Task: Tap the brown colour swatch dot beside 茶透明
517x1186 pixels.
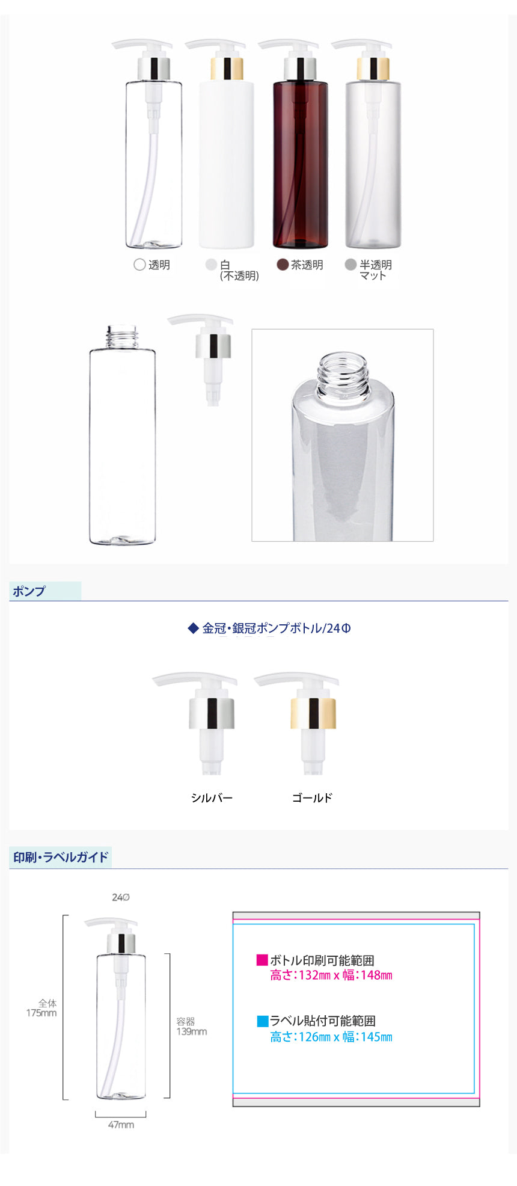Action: click(283, 265)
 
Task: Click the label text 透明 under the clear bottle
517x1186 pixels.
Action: click(159, 265)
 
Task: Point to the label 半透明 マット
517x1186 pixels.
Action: click(376, 270)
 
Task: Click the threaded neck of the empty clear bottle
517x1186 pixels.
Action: click(123, 337)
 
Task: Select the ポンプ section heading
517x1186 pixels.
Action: click(29, 591)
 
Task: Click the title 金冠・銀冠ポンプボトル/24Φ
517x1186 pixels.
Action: click(277, 628)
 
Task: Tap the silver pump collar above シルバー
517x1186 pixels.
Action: click(212, 713)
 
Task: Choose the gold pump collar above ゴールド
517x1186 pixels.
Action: click(313, 713)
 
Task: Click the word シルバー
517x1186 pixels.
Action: click(212, 798)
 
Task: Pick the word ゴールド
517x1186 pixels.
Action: click(313, 798)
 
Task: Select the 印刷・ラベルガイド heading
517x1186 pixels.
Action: click(61, 857)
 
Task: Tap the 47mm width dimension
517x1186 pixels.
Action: click(121, 1125)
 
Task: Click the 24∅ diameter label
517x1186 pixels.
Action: click(121, 897)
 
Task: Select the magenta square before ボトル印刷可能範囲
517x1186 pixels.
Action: click(262, 960)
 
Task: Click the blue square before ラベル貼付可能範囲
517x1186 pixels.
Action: click(262, 1021)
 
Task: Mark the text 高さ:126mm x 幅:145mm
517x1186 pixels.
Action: click(331, 1037)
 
